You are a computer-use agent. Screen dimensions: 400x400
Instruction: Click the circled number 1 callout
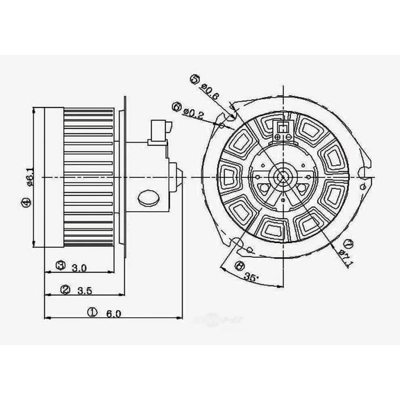pyautogui.click(x=92, y=313)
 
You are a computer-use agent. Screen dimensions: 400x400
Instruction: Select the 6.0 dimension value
pyautogui.click(x=114, y=313)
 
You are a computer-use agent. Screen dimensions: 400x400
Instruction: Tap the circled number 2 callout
pyautogui.click(x=65, y=290)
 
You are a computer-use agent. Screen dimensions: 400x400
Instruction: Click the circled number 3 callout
pyautogui.click(x=60, y=266)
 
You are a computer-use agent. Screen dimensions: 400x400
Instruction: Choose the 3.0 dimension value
pyautogui.click(x=78, y=267)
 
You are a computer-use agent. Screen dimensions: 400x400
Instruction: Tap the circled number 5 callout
pyautogui.click(x=194, y=79)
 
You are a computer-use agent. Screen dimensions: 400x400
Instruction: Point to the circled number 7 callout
pyautogui.click(x=349, y=242)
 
